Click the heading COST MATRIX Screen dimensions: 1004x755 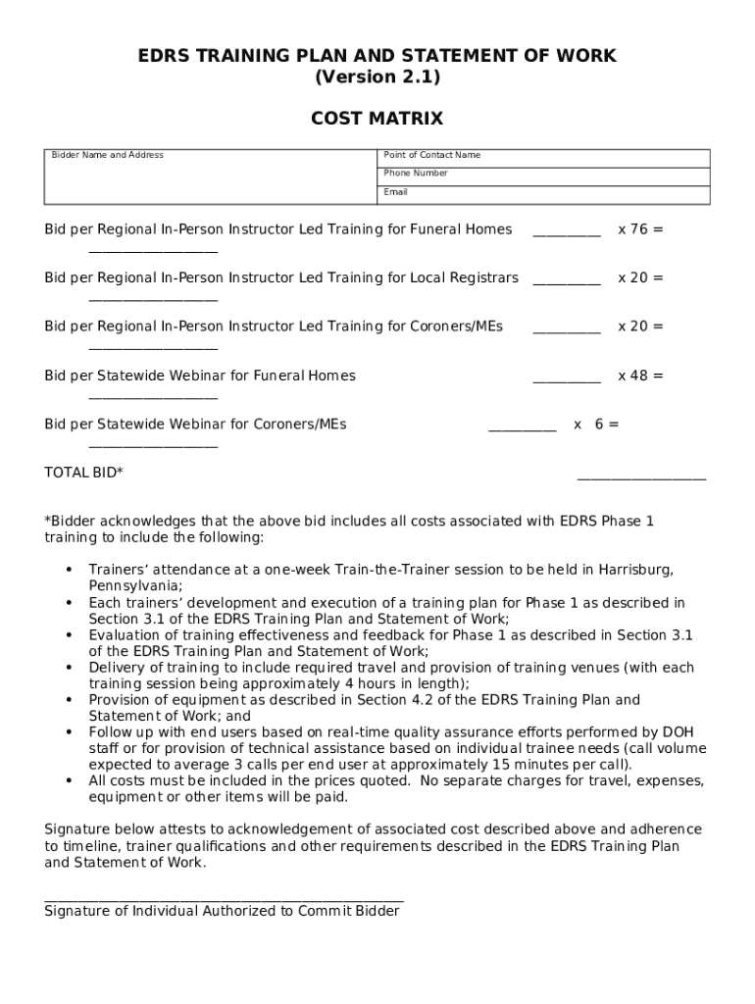(x=377, y=119)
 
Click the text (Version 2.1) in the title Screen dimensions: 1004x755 (x=377, y=77)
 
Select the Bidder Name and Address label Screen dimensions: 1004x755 (x=108, y=155)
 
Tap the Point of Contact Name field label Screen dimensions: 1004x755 (x=431, y=155)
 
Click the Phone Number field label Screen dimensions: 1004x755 (x=416, y=173)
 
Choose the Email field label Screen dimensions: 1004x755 (x=395, y=191)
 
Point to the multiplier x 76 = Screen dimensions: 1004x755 (x=639, y=229)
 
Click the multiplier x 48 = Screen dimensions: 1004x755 (x=639, y=376)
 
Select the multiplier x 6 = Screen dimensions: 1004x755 (x=596, y=425)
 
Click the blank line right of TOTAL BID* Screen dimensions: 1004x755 (x=641, y=478)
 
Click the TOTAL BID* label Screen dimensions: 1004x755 (x=83, y=473)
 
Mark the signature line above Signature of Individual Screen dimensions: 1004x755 (x=224, y=898)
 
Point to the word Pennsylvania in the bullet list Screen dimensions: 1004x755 (x=134, y=585)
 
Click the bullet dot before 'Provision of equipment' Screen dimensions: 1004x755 (x=69, y=700)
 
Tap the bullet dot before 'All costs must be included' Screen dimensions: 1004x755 (x=69, y=780)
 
